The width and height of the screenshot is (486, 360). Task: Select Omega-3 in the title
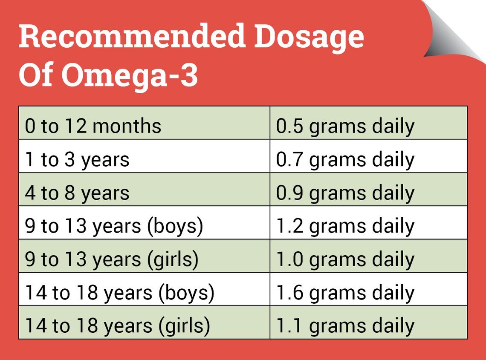click(x=130, y=76)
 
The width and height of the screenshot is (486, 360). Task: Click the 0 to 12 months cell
click(x=144, y=127)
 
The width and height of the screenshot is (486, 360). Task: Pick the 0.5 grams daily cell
click(x=368, y=127)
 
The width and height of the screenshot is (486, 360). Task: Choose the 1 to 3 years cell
click(x=144, y=160)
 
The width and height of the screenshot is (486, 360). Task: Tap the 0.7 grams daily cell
click(x=368, y=160)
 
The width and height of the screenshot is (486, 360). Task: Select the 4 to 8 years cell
click(x=144, y=193)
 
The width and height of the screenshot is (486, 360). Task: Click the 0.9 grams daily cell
click(x=368, y=193)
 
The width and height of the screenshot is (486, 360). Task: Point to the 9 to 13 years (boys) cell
click(x=144, y=226)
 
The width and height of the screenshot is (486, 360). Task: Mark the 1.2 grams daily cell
click(x=368, y=226)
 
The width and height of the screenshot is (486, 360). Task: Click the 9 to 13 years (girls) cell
click(x=144, y=259)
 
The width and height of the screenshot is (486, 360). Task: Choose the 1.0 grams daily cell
click(x=368, y=259)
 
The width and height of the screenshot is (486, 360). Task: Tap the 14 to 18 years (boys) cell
click(x=144, y=293)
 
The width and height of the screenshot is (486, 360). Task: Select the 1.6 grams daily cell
click(x=368, y=293)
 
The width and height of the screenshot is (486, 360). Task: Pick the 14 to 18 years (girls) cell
click(x=144, y=326)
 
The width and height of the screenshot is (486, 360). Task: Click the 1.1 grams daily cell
click(x=368, y=326)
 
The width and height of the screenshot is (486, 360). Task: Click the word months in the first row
click(x=127, y=127)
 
